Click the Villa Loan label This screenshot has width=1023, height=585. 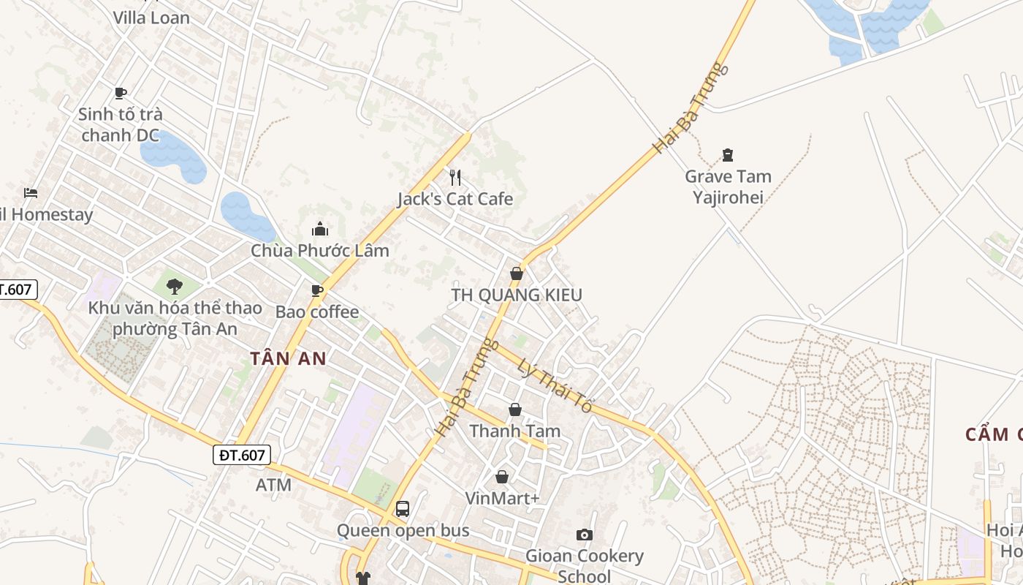point(151,18)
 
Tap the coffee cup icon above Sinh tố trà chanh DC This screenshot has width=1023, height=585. point(121,93)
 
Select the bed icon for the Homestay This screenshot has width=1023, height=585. point(30,193)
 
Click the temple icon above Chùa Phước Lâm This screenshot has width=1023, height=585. point(319,230)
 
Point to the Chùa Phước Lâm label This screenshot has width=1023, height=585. point(320,251)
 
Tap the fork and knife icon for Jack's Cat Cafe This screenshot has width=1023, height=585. point(455,177)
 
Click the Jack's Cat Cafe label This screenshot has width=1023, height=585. point(455,199)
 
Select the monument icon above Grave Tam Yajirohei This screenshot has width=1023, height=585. point(727,154)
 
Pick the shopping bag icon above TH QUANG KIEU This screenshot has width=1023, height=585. point(517,273)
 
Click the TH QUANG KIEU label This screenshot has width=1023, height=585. point(517,295)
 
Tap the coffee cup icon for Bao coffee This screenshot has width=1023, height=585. point(317,290)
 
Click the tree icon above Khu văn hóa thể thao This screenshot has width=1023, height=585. point(174,286)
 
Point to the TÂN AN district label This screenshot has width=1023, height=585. point(288,359)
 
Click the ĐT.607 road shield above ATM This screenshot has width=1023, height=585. point(242,455)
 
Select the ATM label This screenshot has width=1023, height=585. point(273,485)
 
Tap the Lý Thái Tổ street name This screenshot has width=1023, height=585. point(553,385)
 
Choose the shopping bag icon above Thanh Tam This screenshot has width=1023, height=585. point(515,409)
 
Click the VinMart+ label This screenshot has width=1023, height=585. point(502,499)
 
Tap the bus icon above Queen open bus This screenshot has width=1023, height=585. point(402,508)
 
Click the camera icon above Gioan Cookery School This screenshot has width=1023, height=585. point(585,535)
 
